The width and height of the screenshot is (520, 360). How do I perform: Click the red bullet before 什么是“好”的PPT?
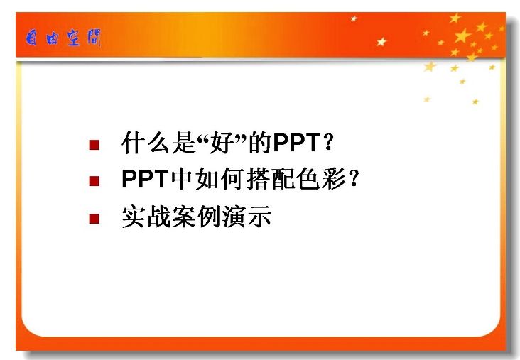click(94, 145)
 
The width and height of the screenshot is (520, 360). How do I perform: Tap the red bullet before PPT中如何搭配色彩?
click(94, 181)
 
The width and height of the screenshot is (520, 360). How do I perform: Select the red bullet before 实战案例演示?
click(94, 219)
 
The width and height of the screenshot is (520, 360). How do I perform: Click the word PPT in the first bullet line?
click(296, 143)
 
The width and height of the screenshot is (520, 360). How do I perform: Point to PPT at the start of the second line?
click(145, 179)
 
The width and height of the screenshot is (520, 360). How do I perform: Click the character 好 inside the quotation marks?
click(222, 143)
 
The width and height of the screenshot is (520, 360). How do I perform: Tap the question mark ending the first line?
click(328, 142)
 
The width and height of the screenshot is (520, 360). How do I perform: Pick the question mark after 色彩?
click(354, 178)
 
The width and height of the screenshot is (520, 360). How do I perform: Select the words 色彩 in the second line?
click(321, 179)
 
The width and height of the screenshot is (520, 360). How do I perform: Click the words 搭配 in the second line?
click(271, 179)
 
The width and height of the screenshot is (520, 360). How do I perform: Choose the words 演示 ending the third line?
click(247, 217)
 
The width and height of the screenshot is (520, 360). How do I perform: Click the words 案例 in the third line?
click(197, 217)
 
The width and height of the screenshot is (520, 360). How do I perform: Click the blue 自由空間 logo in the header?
click(63, 38)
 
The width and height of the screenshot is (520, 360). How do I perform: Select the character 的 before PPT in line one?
click(260, 143)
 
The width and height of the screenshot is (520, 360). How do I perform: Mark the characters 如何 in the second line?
click(220, 179)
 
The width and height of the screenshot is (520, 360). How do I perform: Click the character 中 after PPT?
click(183, 179)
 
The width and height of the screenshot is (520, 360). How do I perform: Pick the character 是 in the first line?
click(184, 143)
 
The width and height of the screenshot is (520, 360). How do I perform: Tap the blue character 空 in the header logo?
click(73, 38)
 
